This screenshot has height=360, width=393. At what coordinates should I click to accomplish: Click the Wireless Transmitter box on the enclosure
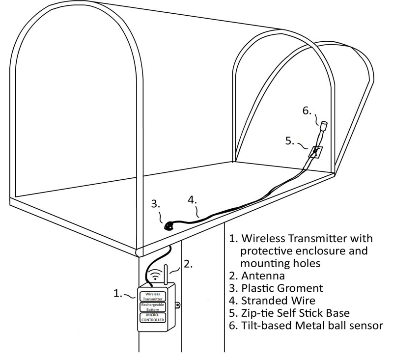pos(153,296)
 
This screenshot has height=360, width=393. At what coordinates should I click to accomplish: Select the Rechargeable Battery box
pos(153,307)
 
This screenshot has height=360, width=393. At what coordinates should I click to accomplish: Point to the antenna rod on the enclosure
pos(165,275)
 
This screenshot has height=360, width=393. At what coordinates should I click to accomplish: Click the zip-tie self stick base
pos(315,151)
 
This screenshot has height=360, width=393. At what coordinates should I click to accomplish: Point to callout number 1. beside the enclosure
pos(118,293)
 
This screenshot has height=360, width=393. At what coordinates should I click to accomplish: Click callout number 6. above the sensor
pos(307,111)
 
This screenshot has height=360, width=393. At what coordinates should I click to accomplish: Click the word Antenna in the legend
pos(261,276)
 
